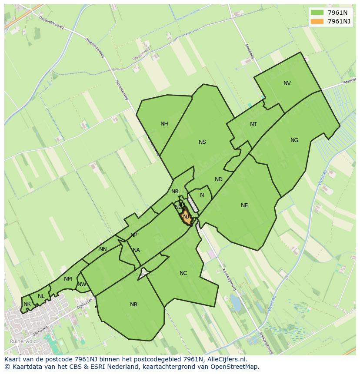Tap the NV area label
click(x=287, y=83)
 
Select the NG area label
click(x=294, y=140)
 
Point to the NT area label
click(x=253, y=124)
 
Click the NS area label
click(x=202, y=142)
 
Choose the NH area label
click(x=164, y=124)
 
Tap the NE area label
click(x=244, y=205)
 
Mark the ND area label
click(x=219, y=179)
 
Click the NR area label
click(x=175, y=192)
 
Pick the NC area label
click(x=183, y=273)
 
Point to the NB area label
click(x=133, y=304)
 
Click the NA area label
click(x=136, y=250)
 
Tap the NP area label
click(x=134, y=235)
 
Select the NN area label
click(x=103, y=249)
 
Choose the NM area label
click(x=68, y=279)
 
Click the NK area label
click(x=27, y=304)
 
